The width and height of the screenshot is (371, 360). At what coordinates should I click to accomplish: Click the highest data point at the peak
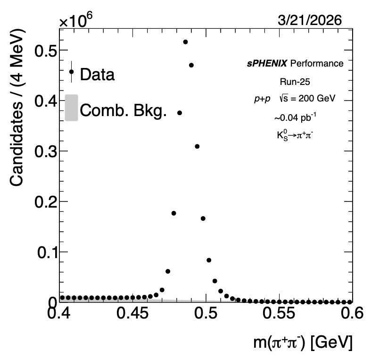pos(185,42)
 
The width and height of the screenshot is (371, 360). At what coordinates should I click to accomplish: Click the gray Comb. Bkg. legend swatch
pos(71,108)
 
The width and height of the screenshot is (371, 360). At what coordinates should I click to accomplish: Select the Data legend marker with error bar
pos(71,72)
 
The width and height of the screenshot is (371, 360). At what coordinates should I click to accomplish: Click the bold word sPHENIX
pos(267,63)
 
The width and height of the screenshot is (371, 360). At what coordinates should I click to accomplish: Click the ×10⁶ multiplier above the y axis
pos(75,20)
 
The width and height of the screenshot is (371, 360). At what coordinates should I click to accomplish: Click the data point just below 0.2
pos(173,213)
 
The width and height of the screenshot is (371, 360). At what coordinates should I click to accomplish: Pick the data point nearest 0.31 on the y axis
pos(197,146)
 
